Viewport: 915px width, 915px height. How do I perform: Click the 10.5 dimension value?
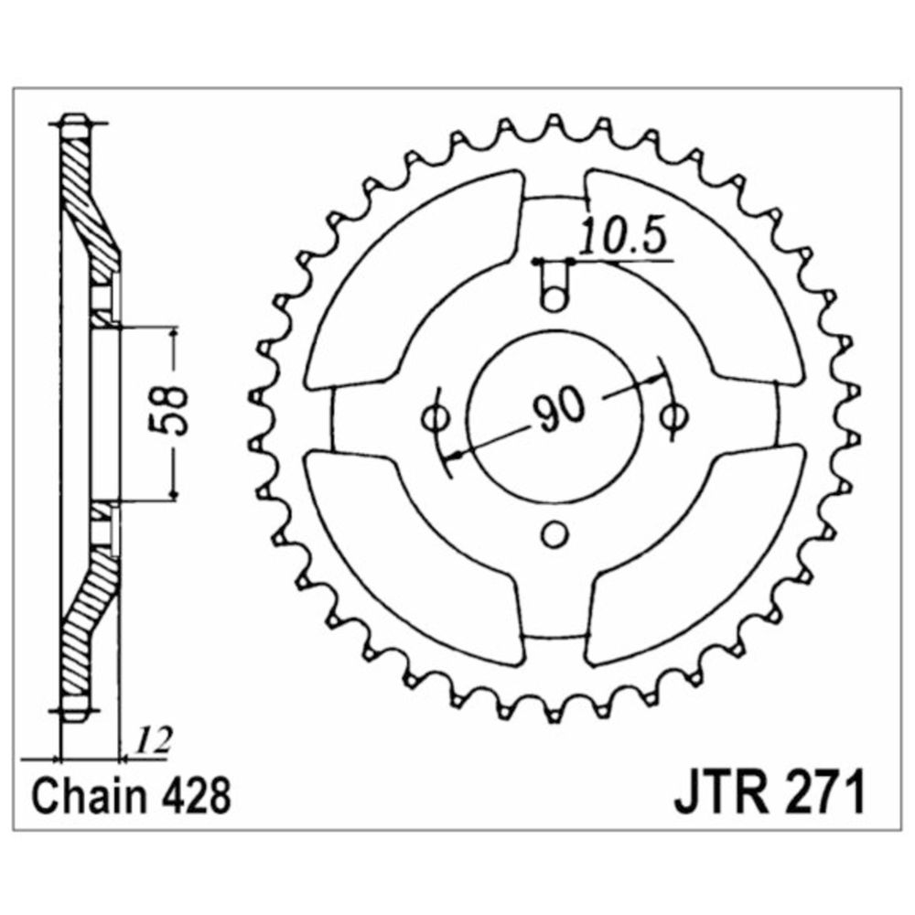click(623, 236)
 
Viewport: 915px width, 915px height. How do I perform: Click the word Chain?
click(86, 796)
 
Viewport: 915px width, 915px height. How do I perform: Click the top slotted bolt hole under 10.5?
click(554, 285)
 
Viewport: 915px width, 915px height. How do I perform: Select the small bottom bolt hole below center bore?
click(554, 534)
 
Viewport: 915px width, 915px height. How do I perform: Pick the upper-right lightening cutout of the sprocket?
click(697, 280)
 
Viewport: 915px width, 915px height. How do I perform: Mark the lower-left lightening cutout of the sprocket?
click(408, 554)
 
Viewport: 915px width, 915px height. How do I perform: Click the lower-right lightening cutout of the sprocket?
click(697, 554)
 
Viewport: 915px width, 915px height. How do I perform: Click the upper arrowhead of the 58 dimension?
click(173, 334)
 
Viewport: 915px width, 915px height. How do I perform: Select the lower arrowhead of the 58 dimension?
click(173, 494)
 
